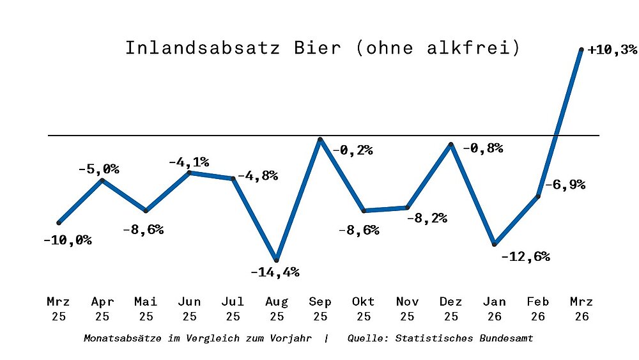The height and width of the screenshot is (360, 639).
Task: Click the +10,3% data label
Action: pyautogui.click(x=612, y=50)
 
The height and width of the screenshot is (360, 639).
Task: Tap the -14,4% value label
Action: pyautogui.click(x=275, y=272)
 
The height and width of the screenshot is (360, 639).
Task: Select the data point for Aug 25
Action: pyautogui.click(x=276, y=260)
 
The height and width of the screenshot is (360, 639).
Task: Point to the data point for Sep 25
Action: pyautogui.click(x=320, y=139)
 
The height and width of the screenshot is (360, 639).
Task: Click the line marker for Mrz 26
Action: pyautogui.click(x=581, y=49)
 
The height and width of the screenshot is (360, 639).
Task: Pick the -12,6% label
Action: pyautogui.click(x=525, y=257)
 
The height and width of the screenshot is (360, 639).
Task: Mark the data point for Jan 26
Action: pyautogui.click(x=495, y=244)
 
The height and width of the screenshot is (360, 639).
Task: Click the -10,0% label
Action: pyautogui.click(x=67, y=240)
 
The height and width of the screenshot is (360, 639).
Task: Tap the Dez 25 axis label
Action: pyautogui.click(x=450, y=308)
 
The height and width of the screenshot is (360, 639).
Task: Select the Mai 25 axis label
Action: pyautogui.click(x=146, y=308)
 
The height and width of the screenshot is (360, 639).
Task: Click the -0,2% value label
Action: pyautogui.click(x=352, y=150)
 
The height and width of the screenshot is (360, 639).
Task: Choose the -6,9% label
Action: pyautogui.click(x=565, y=185)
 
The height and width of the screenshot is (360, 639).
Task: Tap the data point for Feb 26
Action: pyautogui.click(x=538, y=196)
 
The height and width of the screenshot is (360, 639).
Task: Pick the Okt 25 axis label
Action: pyautogui.click(x=364, y=308)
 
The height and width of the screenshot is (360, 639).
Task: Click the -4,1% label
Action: pyautogui.click(x=189, y=162)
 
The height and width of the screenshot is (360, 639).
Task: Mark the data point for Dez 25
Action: pyautogui.click(x=450, y=145)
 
